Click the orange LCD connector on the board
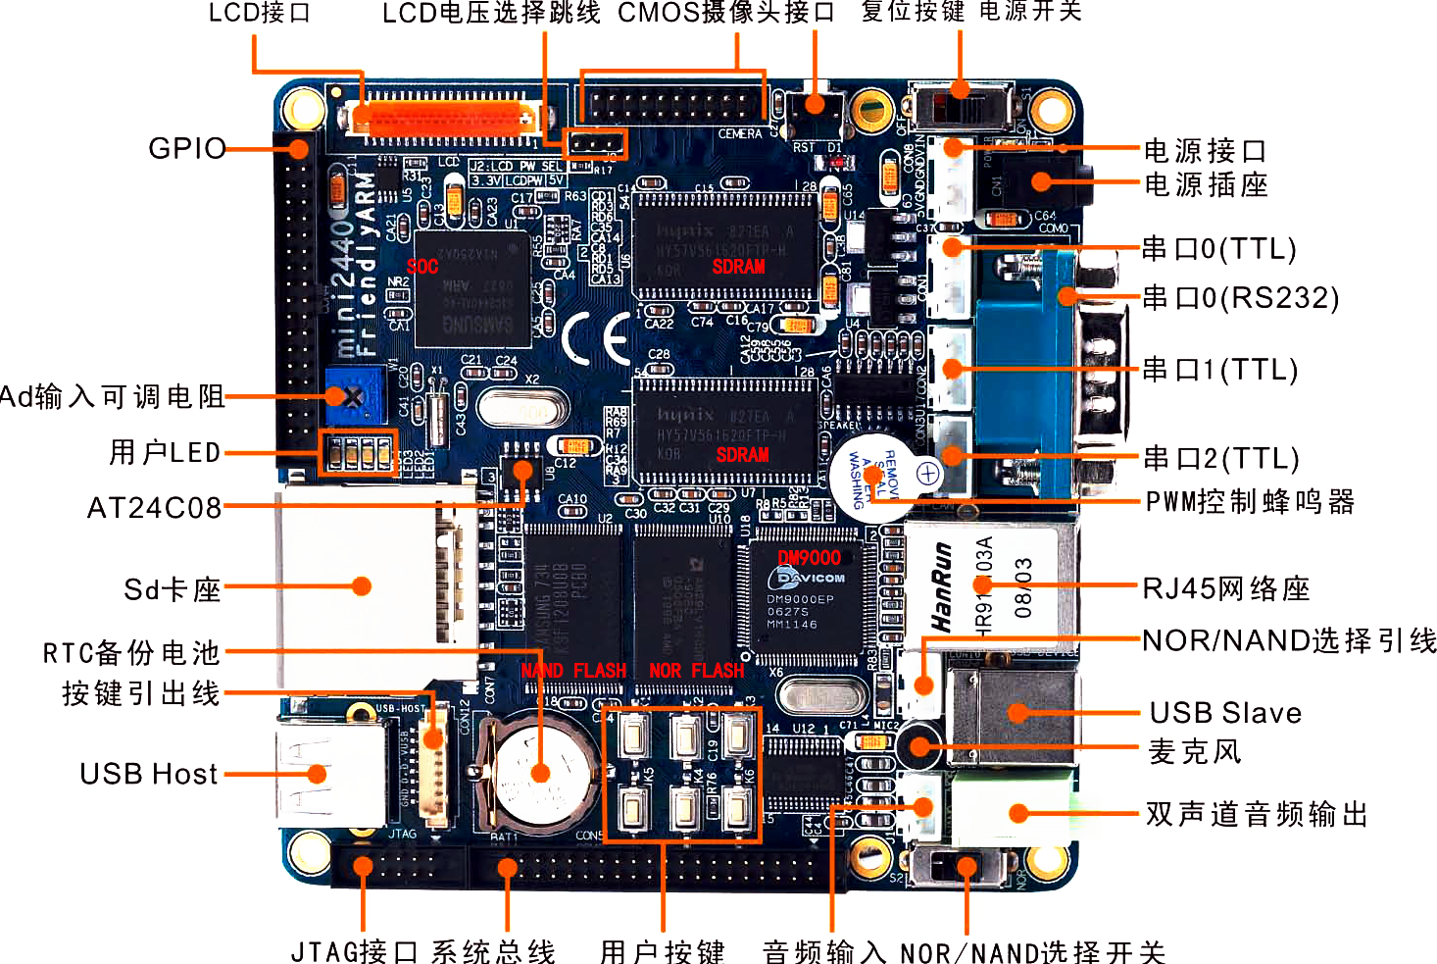click(x=446, y=118)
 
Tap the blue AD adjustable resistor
click(x=354, y=395)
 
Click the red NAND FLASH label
click(x=573, y=671)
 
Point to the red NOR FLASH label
click(x=696, y=671)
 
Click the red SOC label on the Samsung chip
click(x=422, y=267)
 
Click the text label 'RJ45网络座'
click(x=1226, y=588)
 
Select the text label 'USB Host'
click(x=148, y=774)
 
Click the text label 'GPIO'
click(x=186, y=148)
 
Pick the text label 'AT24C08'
click(x=154, y=508)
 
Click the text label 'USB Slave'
click(x=1225, y=713)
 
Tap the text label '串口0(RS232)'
click(x=1240, y=297)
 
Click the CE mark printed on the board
click(x=597, y=338)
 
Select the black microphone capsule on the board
click(x=918, y=746)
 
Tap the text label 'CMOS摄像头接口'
click(x=725, y=13)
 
